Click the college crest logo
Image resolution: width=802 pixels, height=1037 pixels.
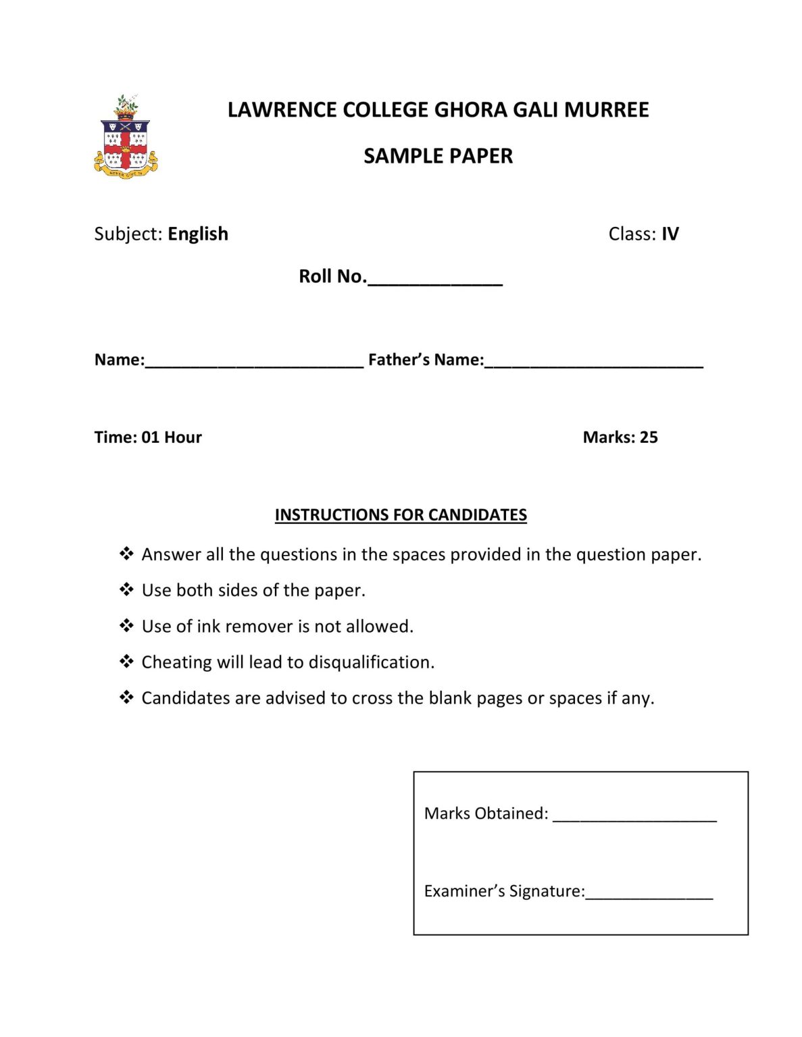click(126, 137)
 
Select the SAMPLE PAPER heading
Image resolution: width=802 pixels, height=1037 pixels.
click(438, 156)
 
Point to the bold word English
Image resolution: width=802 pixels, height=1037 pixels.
click(198, 234)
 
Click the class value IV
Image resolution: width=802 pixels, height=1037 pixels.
click(670, 234)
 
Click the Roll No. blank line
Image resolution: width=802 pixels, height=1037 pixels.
click(434, 282)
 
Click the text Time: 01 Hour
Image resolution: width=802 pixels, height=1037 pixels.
click(148, 437)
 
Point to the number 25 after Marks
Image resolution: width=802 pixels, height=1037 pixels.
click(649, 437)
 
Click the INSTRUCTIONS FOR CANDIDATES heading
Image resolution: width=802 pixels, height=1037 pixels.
click(401, 515)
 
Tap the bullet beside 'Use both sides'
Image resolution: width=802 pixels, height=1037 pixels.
click(126, 590)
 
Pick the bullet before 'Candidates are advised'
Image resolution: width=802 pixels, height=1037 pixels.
click(126, 697)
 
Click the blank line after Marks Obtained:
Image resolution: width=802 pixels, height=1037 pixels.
click(634, 818)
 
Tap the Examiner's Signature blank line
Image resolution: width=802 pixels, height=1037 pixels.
click(649, 895)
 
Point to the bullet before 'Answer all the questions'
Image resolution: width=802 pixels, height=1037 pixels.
click(126, 554)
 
